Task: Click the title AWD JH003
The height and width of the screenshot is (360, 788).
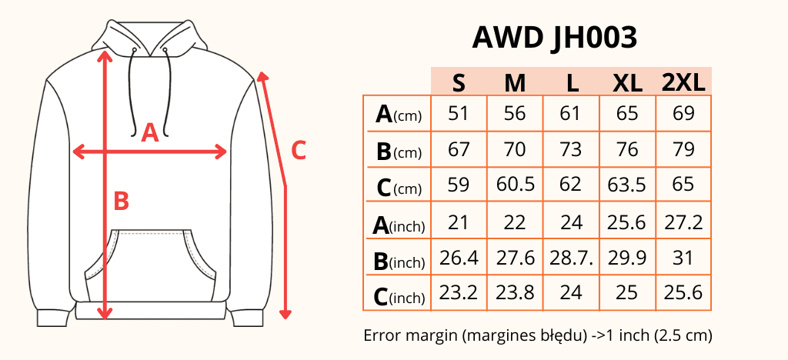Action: point(554,36)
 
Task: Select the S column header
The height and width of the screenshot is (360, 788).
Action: point(459,82)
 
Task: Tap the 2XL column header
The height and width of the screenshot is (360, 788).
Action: point(683,82)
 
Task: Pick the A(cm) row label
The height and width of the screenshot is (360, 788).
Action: point(398,115)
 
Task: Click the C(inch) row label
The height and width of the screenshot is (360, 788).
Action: point(398,296)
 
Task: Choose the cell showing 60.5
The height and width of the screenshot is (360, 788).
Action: point(515,185)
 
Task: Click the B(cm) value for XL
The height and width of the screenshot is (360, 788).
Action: point(627,149)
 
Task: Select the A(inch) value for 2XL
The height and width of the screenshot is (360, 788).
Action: point(683,222)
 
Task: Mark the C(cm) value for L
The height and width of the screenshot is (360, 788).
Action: point(571,185)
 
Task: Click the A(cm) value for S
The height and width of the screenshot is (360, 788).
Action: point(459,114)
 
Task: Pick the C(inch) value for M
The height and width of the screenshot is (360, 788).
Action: point(515,293)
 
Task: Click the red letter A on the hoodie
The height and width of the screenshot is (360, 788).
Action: point(150,133)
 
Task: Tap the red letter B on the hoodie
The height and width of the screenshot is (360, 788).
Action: point(121,201)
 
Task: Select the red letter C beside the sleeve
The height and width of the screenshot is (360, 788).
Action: point(299,150)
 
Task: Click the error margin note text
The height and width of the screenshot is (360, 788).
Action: point(537,335)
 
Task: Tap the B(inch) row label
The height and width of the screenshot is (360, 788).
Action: point(398,261)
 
